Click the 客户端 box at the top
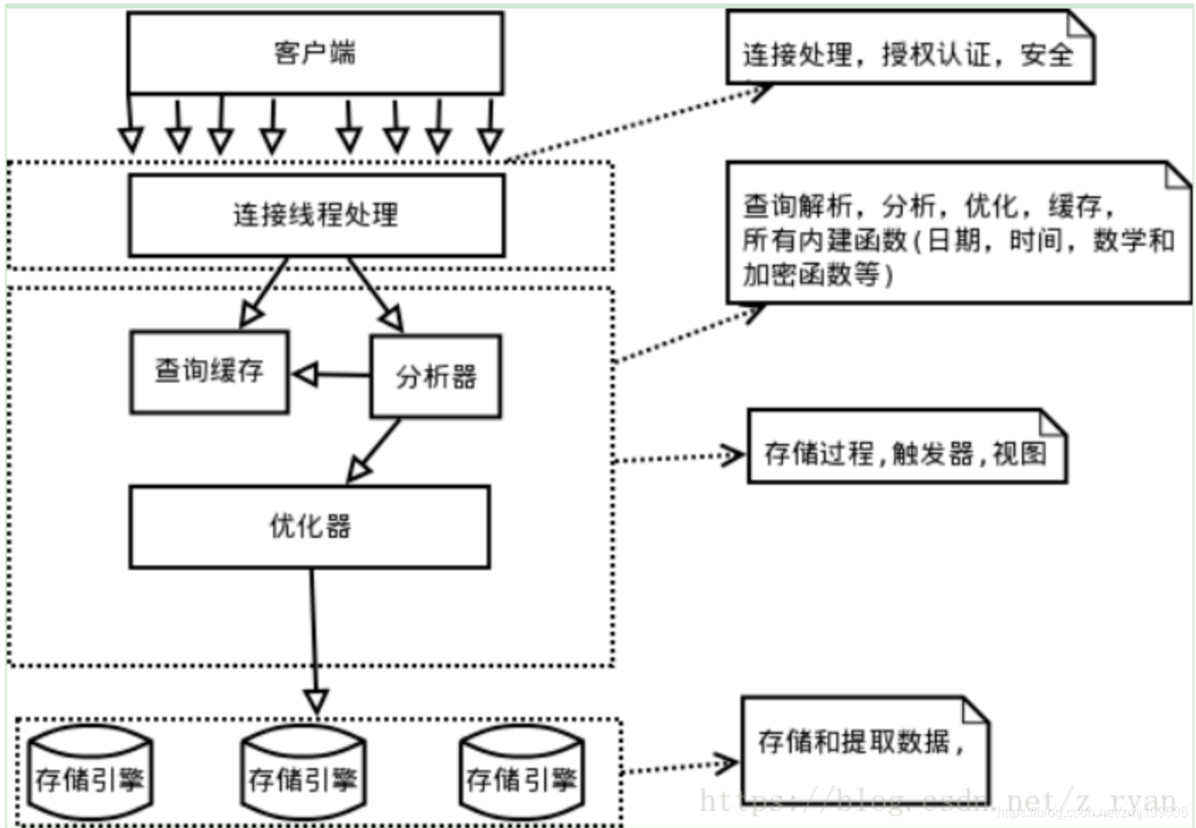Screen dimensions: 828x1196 coord(315,53)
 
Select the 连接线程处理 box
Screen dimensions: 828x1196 coord(316,214)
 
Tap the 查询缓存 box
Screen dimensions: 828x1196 coord(209,371)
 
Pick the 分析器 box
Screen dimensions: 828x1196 coord(435,376)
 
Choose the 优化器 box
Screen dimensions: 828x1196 coord(310,527)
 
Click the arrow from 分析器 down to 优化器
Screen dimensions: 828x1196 coord(375,449)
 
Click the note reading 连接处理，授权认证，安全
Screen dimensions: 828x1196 coord(909,55)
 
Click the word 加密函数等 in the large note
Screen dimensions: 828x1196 coord(810,275)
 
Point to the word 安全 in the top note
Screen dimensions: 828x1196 coord(1047,55)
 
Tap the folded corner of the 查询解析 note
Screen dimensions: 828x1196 coord(1178,176)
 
